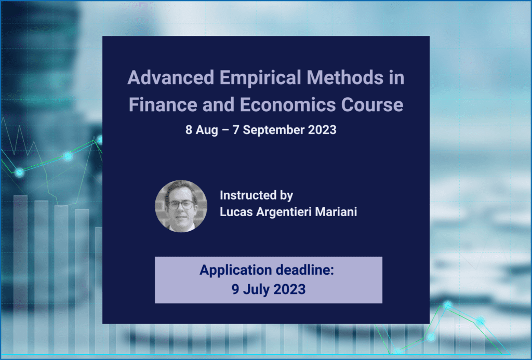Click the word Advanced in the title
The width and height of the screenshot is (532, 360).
pos(170,77)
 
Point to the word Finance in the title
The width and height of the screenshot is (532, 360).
pos(163,104)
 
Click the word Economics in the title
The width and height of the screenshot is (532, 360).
pos(288,104)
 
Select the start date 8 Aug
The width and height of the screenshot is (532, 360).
pos(202,130)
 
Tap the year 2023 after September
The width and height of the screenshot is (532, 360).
pos(322,130)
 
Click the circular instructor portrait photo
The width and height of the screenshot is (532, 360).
pos(181,206)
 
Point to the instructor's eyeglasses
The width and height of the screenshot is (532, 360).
pos(181,205)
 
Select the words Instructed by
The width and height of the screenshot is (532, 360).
pos(257,196)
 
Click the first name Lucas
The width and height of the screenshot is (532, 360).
pos(236,212)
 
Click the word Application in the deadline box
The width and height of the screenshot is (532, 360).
pos(236,271)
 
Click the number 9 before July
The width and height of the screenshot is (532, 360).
pos(235,289)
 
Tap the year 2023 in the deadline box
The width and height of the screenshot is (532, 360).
pos(289,289)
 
